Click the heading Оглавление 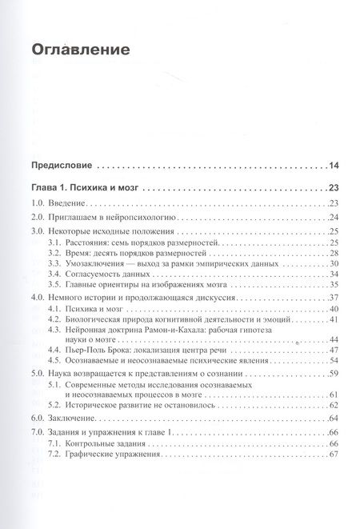click(x=80, y=50)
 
